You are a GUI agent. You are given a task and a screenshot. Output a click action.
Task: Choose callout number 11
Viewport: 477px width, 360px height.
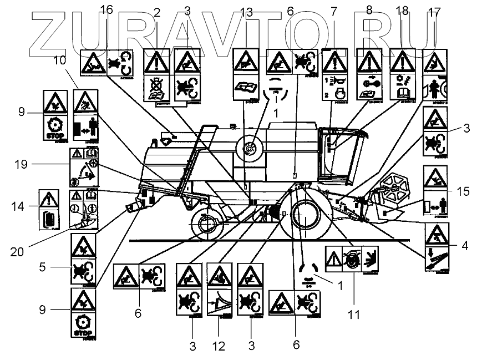click(354, 314)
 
